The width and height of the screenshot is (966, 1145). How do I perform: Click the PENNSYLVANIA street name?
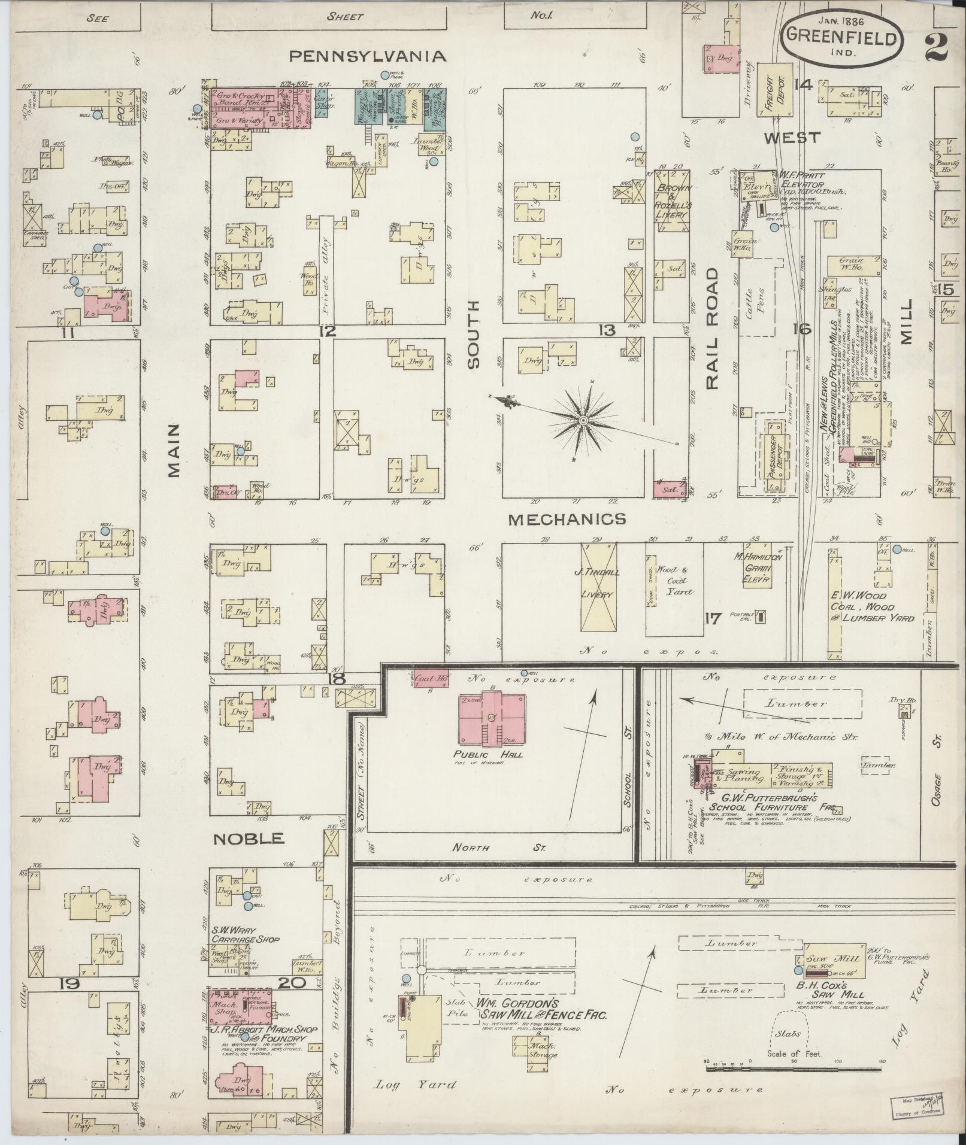tap(368, 56)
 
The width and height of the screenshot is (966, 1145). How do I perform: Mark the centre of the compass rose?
tap(582, 423)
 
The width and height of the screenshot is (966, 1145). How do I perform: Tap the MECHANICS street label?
tap(567, 519)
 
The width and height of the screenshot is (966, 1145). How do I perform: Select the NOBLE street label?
tap(249, 839)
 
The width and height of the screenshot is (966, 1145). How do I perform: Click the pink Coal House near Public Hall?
tap(430, 678)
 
